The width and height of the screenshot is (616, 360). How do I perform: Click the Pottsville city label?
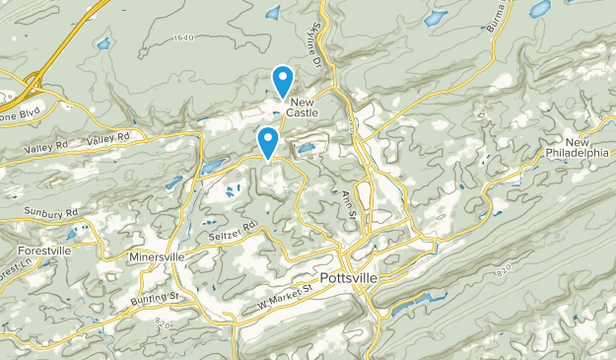click(348, 279)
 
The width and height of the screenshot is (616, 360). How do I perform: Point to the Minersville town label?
click(157, 257)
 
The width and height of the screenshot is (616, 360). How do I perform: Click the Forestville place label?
click(43, 251)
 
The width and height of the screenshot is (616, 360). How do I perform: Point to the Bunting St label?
click(153, 297)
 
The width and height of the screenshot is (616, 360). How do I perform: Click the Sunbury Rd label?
click(52, 213)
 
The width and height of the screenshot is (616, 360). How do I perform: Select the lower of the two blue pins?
click(267, 140)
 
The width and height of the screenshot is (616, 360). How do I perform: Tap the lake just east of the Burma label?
click(539, 9)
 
